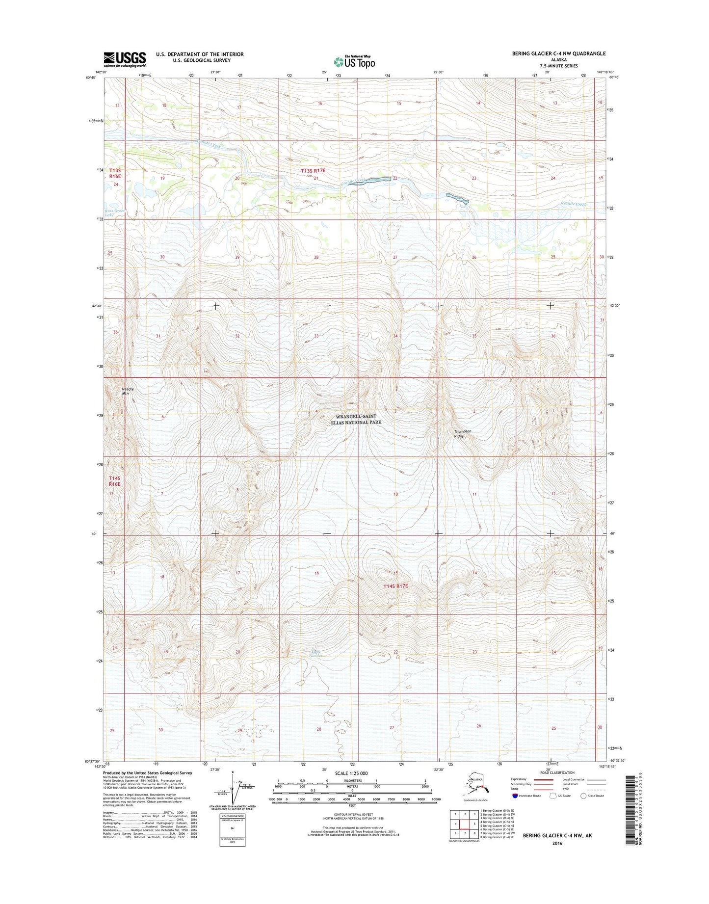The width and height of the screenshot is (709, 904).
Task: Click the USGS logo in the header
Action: [x=125, y=59]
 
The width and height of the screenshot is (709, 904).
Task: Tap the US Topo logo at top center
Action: [x=354, y=62]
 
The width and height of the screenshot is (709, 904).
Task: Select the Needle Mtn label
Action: [x=128, y=391]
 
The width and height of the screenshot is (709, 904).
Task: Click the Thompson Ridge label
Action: [x=462, y=433]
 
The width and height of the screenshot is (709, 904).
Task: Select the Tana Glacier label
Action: [x=317, y=654]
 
